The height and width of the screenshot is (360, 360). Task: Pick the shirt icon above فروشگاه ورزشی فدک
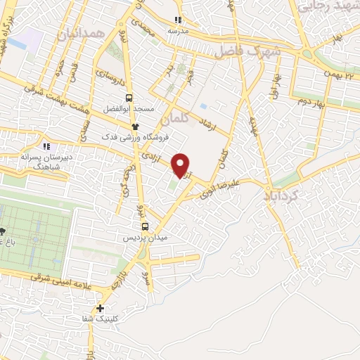(x=136, y=124)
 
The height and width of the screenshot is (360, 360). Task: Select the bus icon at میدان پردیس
(x=145, y=226)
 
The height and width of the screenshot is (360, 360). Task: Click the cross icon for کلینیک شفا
(x=101, y=308)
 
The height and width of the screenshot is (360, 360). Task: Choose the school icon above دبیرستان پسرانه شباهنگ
(x=46, y=146)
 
